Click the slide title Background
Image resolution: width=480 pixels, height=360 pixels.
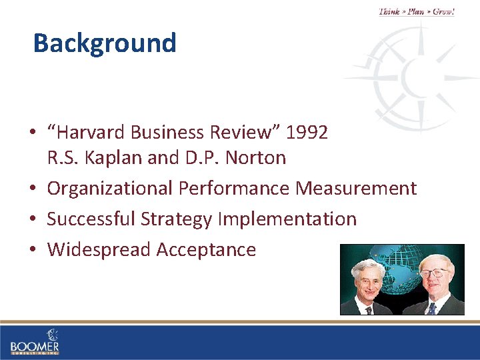pos(105,43)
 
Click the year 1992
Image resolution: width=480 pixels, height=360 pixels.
pos(307,133)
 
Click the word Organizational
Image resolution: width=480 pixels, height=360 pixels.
pos(110,189)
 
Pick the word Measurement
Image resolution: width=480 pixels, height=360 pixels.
pos(356,189)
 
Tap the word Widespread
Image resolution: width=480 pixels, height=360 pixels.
pos(99,249)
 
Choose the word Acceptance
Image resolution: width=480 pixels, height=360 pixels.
pos(206,249)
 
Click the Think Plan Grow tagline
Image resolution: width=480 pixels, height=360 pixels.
pos(417,11)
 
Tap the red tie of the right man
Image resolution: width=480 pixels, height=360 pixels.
pos(431,307)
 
